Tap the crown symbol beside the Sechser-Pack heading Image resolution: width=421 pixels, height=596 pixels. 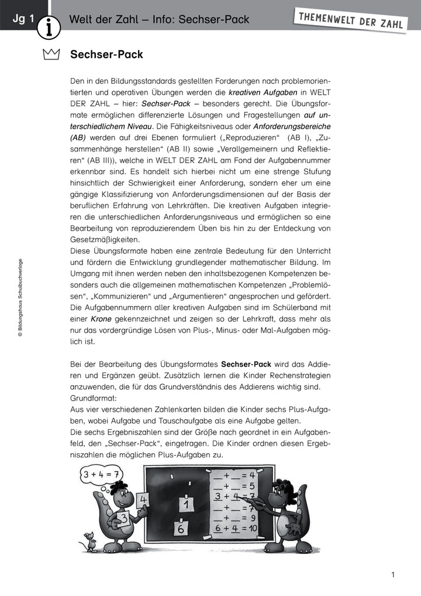tap(51, 55)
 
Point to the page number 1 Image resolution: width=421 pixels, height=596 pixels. tap(394, 575)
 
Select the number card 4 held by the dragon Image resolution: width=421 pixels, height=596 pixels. tap(143, 500)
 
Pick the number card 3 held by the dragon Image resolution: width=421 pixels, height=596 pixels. tap(123, 516)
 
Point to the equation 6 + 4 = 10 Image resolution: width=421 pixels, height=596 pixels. tap(236, 528)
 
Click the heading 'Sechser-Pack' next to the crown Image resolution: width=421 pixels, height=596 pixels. tap(106, 55)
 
